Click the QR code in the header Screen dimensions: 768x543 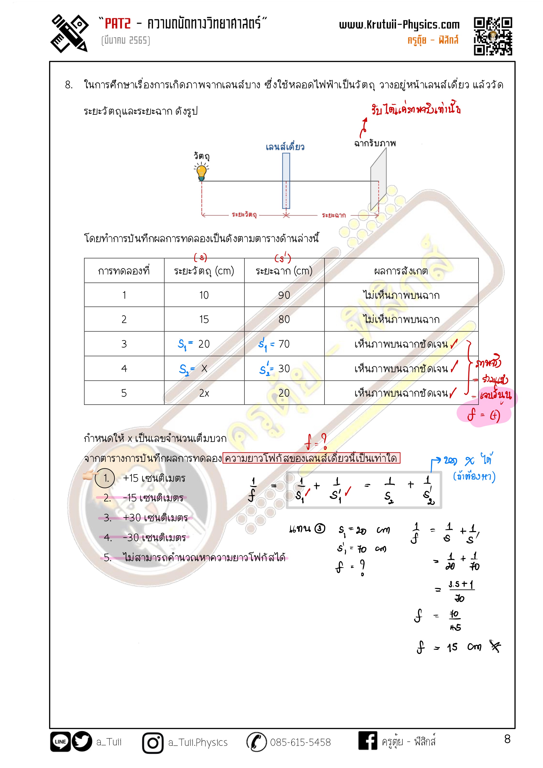click(x=492, y=36)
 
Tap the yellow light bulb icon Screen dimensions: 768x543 click(x=201, y=172)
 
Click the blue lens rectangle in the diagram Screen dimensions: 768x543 click(x=286, y=181)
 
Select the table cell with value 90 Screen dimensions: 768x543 click(x=284, y=295)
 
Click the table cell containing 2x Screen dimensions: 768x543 click(x=204, y=393)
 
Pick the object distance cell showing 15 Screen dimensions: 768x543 click(x=204, y=320)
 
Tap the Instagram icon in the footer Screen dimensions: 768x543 click(x=153, y=743)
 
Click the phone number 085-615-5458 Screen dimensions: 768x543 click(x=300, y=743)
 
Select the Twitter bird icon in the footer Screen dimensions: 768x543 click(x=82, y=742)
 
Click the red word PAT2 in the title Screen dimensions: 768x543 click(x=117, y=24)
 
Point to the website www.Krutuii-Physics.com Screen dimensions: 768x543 click(x=399, y=25)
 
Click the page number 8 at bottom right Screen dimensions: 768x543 click(x=507, y=739)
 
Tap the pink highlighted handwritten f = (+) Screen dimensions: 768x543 click(x=484, y=415)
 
